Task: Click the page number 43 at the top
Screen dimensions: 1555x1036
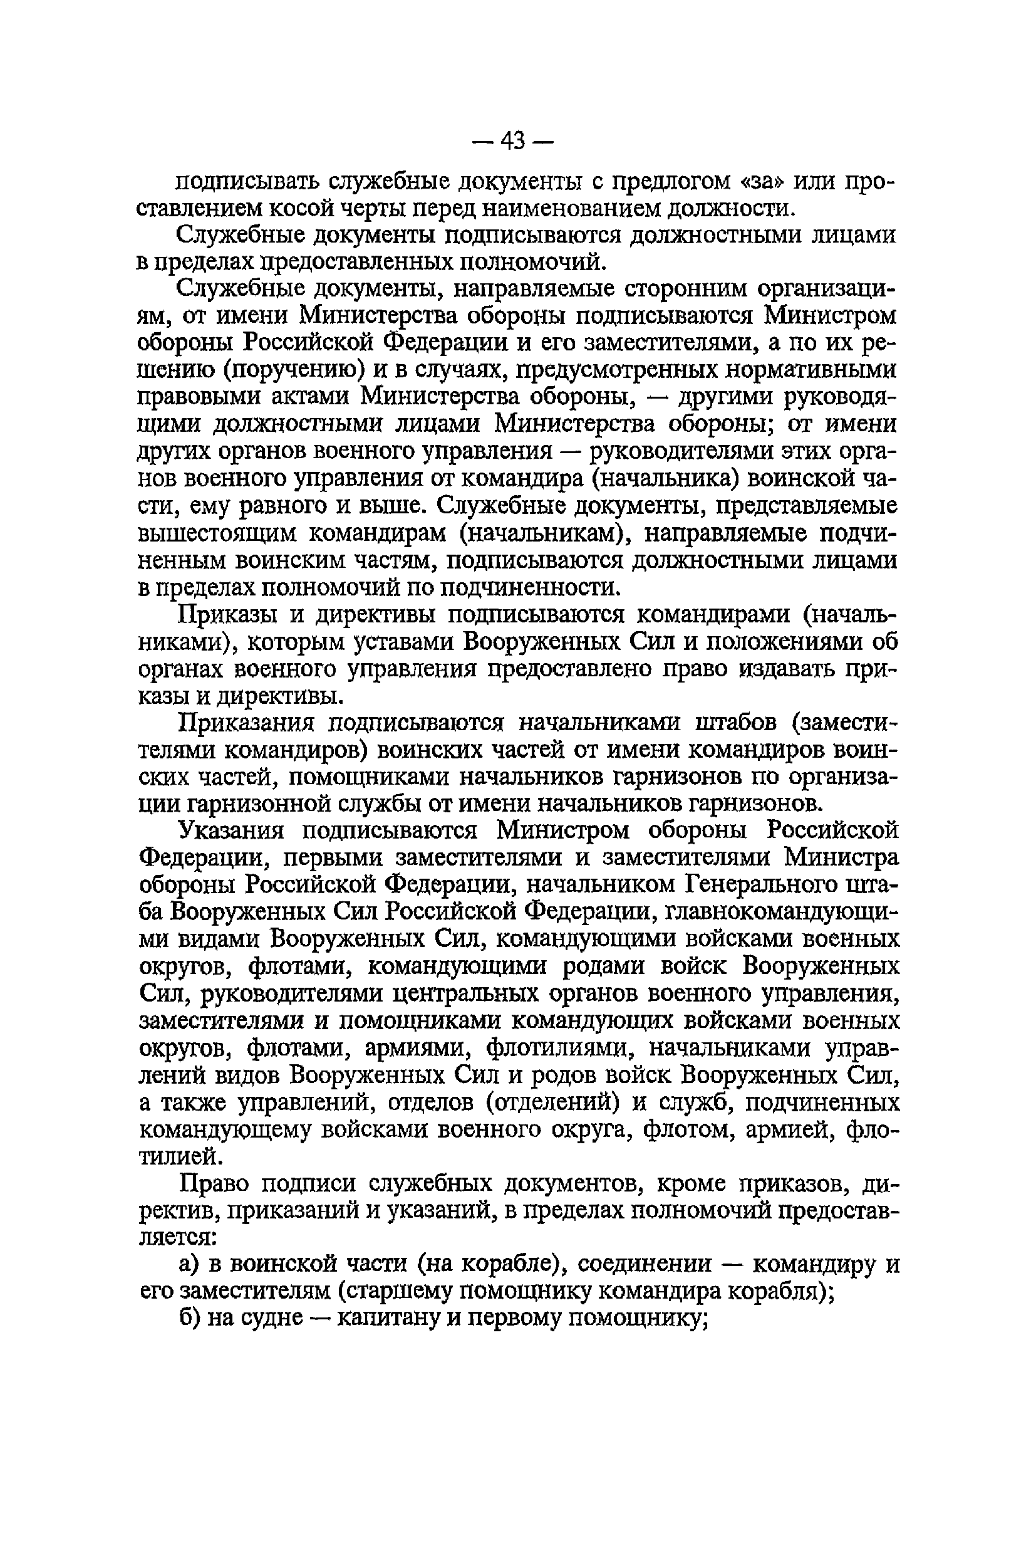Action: coord(513,140)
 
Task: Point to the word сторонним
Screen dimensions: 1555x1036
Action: coord(686,290)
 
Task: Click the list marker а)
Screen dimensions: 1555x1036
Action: coord(189,1265)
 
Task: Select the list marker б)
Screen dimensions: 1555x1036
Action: coord(189,1319)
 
